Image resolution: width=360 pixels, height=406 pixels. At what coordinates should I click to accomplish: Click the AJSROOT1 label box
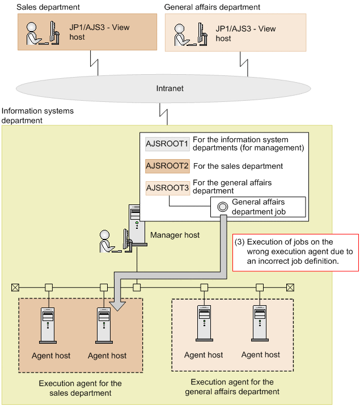167,144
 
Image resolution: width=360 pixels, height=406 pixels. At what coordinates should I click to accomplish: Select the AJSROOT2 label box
167,166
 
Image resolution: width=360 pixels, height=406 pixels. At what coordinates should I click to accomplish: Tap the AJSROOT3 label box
168,188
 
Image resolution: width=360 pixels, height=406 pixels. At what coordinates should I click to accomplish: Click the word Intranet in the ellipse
170,88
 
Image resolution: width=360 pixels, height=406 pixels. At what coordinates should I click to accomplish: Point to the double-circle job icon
223,207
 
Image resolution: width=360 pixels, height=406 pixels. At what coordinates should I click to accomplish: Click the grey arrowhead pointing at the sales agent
117,306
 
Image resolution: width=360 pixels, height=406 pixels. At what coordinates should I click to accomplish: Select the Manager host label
175,235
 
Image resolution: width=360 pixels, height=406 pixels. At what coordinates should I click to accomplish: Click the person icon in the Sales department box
34,33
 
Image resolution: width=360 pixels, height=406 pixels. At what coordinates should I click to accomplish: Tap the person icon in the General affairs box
181,35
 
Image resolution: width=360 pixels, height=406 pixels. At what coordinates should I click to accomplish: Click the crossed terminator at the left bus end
15,288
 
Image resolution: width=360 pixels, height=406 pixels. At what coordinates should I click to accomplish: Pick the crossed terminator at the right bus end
290,288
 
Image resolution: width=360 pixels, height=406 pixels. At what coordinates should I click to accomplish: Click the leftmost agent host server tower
48,326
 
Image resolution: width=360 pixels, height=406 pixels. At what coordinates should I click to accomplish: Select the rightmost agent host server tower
260,323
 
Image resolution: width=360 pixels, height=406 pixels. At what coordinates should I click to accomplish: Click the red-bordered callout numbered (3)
295,253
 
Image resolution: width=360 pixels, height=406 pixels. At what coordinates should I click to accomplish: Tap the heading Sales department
48,7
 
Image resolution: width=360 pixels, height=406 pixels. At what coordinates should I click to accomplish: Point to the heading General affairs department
212,7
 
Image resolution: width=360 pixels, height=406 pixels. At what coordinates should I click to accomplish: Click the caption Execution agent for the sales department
81,388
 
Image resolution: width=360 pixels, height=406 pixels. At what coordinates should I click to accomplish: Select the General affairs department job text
259,207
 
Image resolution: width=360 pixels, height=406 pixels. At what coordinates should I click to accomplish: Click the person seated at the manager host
107,241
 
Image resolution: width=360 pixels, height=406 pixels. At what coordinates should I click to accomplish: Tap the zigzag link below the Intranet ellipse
163,114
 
